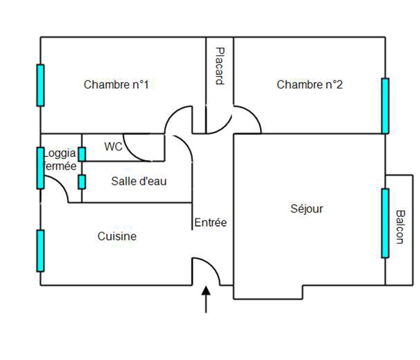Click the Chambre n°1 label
click(116, 84)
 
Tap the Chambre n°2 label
click(309, 84)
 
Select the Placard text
click(220, 66)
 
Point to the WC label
click(113, 147)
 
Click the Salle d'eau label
click(139, 181)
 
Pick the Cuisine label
click(117, 237)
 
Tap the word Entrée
click(211, 223)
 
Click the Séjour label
click(307, 209)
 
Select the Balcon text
click(400, 227)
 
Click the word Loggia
click(59, 153)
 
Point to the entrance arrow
click(206, 299)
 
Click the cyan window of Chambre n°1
click(40, 85)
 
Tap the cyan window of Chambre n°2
click(385, 106)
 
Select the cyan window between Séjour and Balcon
click(385, 223)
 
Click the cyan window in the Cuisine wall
click(40, 250)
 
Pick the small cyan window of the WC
click(82, 154)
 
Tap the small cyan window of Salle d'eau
click(82, 182)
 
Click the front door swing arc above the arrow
click(212, 264)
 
